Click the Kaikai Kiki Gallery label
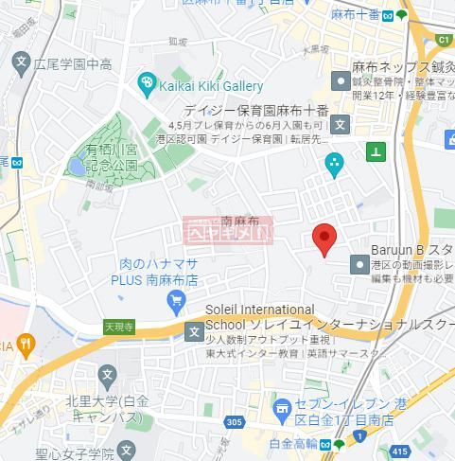coord(211,86)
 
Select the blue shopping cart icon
coord(176,302)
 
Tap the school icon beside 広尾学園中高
coord(23,63)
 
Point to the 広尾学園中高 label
coord(73,64)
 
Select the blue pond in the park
coord(76,167)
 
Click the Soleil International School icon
coord(194,330)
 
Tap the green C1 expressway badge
coord(442,41)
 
